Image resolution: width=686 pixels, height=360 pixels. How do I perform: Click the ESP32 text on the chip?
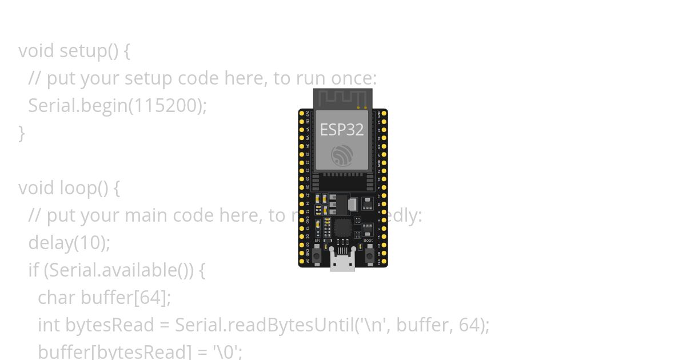[341, 130]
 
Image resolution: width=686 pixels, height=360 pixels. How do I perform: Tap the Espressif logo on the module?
[342, 155]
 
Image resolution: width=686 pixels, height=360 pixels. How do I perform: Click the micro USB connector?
[342, 262]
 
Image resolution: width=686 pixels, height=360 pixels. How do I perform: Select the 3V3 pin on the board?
[302, 114]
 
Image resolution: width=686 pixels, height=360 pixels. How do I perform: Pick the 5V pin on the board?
[302, 261]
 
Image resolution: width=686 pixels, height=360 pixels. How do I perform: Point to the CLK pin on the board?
[384, 261]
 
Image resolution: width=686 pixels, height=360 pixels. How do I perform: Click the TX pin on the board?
[384, 138]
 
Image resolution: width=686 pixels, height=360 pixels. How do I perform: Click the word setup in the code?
[82, 51]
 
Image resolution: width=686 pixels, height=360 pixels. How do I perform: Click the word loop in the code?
[78, 187]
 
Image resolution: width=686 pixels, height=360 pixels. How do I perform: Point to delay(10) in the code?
[69, 242]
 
